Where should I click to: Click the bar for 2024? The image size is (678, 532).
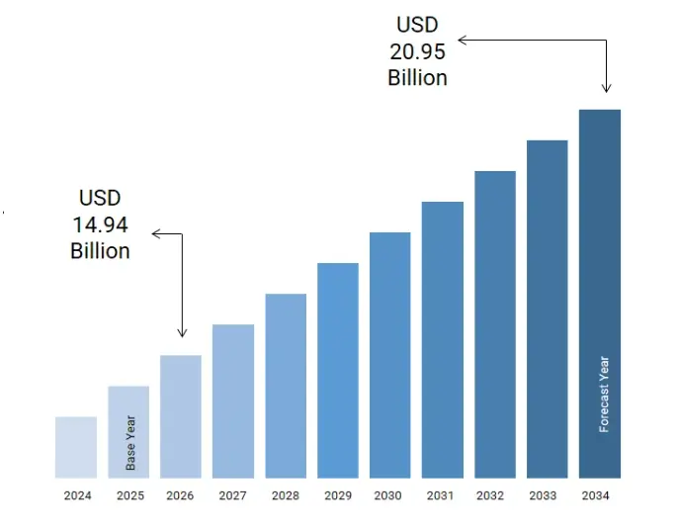(x=76, y=447)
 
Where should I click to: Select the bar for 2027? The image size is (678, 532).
(x=233, y=400)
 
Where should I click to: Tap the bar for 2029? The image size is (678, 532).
(x=338, y=370)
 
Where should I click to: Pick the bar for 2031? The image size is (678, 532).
(x=443, y=339)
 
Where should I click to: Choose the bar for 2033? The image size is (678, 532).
(x=547, y=309)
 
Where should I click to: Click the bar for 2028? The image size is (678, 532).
(x=286, y=386)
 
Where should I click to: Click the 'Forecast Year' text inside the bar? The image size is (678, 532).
(x=605, y=394)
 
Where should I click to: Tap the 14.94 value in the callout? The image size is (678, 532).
(x=100, y=224)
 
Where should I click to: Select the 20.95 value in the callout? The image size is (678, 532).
(x=417, y=51)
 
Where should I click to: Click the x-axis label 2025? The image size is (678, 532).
(x=128, y=495)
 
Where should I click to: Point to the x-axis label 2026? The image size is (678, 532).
(x=181, y=495)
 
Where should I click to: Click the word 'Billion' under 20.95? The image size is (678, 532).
(x=417, y=77)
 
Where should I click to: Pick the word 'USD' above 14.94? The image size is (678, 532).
(x=100, y=199)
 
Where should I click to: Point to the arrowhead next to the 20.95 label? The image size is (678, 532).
(x=462, y=40)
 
